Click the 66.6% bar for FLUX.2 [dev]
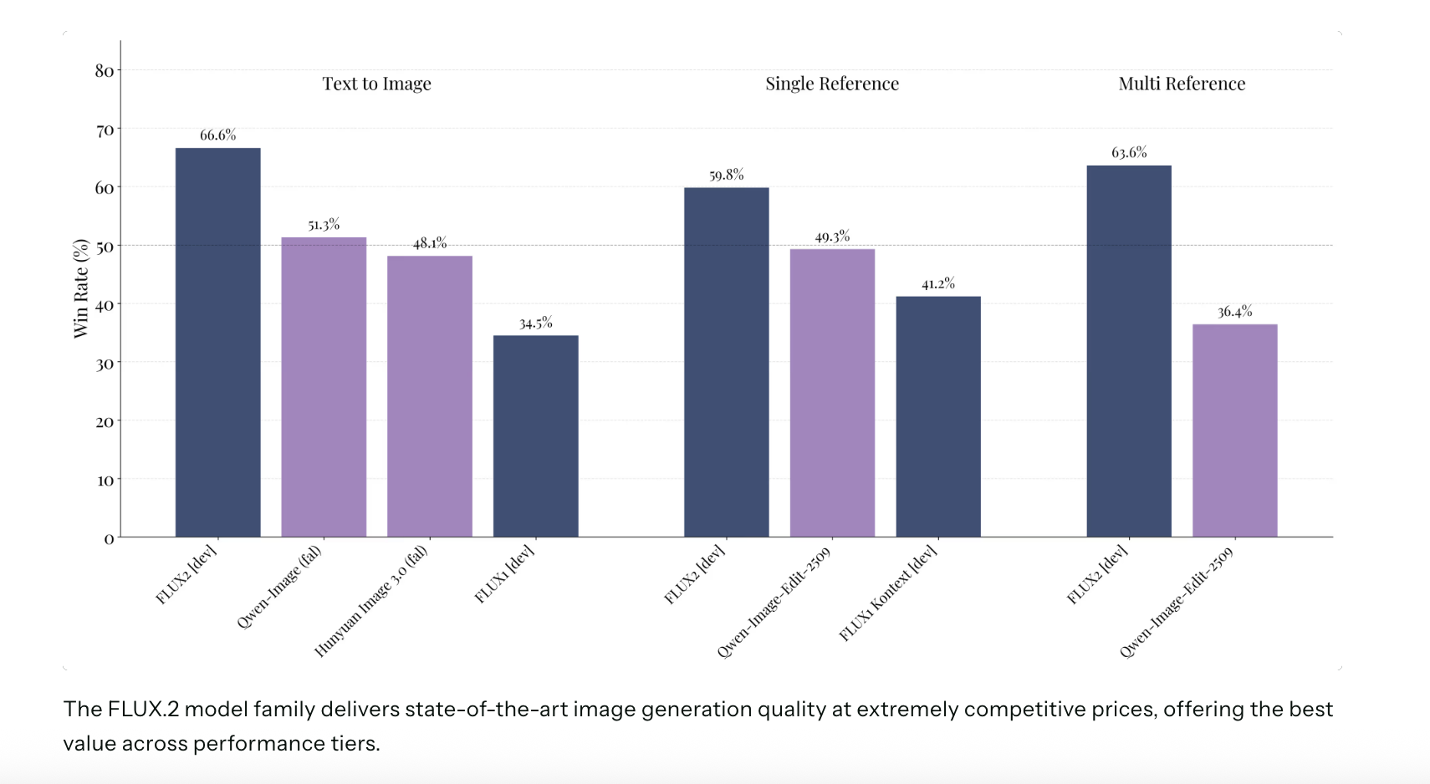pyautogui.click(x=217, y=343)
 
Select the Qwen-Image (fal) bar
pyautogui.click(x=324, y=387)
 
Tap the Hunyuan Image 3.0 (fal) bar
pyautogui.click(x=429, y=396)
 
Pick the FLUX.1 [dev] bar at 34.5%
pyautogui.click(x=535, y=436)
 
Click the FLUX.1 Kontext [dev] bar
pyautogui.click(x=937, y=416)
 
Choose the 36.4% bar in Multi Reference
pyautogui.click(x=1234, y=430)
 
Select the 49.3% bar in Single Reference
pyautogui.click(x=832, y=393)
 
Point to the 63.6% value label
pyautogui.click(x=1129, y=152)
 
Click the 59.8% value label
pyautogui.click(x=726, y=175)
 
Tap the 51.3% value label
pyautogui.click(x=324, y=224)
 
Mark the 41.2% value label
pyautogui.click(x=937, y=283)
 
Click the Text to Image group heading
pyautogui.click(x=377, y=84)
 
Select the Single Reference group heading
pyautogui.click(x=832, y=84)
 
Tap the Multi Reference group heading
pyautogui.click(x=1182, y=84)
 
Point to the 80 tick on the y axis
pyautogui.click(x=105, y=71)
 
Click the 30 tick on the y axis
pyautogui.click(x=105, y=364)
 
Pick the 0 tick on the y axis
pyautogui.click(x=109, y=539)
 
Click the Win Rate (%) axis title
pyautogui.click(x=81, y=288)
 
